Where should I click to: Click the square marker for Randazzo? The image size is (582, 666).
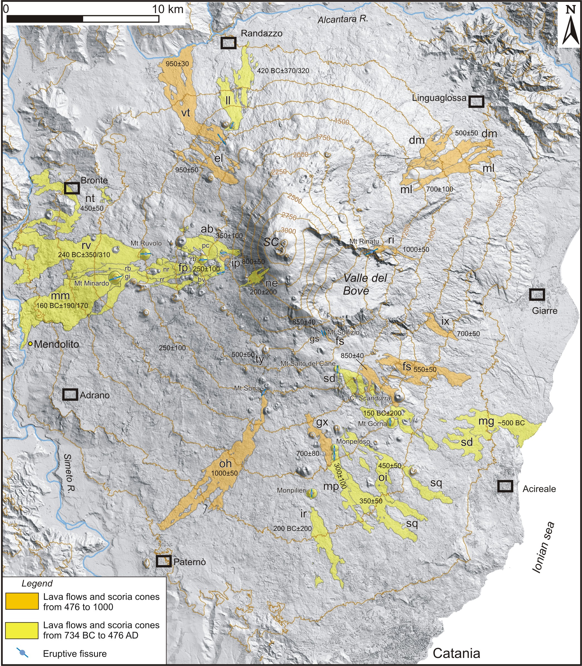point(228,43)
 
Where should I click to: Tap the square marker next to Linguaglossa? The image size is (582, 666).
point(476,101)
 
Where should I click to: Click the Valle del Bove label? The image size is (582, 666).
point(365,284)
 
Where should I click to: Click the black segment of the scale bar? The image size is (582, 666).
point(45,19)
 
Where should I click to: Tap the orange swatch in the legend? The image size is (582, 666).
point(22,601)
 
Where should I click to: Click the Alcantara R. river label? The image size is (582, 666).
point(343,19)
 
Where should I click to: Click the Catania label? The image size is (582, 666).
point(456,653)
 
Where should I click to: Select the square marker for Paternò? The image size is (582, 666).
point(163,561)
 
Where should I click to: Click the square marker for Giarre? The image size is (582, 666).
point(537,294)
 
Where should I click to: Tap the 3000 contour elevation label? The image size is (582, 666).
point(288,231)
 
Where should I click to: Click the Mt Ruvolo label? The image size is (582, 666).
point(146,243)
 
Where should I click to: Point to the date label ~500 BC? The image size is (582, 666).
point(511,423)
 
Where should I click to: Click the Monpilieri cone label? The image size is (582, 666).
point(291,490)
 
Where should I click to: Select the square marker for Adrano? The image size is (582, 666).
point(70,395)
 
